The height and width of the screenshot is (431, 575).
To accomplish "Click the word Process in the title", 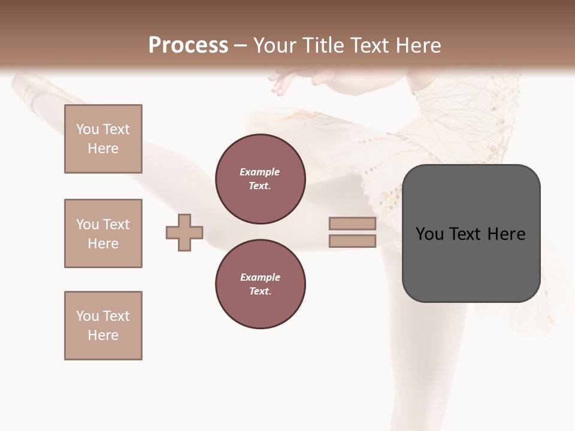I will (x=188, y=45).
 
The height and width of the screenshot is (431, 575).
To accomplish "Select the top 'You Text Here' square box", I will (x=103, y=139).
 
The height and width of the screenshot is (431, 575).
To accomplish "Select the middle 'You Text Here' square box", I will (x=103, y=233).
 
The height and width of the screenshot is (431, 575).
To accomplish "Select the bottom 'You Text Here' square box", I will (x=103, y=326).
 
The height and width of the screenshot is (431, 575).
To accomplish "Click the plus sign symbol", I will (x=184, y=232).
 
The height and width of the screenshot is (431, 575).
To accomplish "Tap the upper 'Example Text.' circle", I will (x=260, y=179).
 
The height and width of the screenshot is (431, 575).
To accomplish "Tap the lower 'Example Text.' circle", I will (x=260, y=284).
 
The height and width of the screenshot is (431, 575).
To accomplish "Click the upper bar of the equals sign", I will (x=352, y=224).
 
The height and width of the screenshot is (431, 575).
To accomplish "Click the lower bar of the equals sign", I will (x=352, y=241).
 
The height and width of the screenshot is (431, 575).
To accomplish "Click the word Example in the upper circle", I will (x=260, y=172).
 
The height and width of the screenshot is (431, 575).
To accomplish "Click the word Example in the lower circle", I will (x=260, y=277).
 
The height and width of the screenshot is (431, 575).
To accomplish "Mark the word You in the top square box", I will (x=87, y=129).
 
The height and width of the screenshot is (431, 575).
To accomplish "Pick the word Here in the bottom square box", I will (x=103, y=335).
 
